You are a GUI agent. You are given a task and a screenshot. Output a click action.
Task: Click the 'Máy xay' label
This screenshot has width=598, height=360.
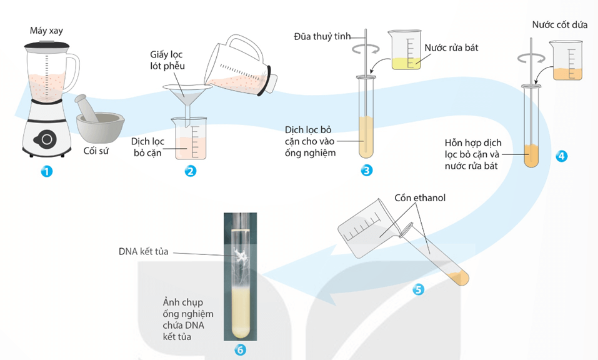(x=46, y=30)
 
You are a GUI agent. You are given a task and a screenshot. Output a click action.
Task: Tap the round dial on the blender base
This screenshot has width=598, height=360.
(x=46, y=138)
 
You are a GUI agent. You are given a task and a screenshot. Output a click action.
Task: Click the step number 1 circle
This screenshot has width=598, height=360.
(x=46, y=170)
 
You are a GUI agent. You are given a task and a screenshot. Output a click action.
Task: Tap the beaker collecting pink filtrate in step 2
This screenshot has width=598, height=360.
(x=190, y=138)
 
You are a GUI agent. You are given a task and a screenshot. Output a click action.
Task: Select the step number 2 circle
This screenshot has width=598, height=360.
(x=191, y=170)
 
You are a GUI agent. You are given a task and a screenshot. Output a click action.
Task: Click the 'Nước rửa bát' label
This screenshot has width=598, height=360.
(x=451, y=47)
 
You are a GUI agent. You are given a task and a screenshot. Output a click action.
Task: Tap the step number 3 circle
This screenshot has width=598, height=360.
(x=367, y=170)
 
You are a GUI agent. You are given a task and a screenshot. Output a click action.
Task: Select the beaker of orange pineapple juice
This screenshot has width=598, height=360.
(x=566, y=61)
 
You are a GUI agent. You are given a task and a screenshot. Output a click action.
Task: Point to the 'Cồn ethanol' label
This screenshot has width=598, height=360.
(x=420, y=198)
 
